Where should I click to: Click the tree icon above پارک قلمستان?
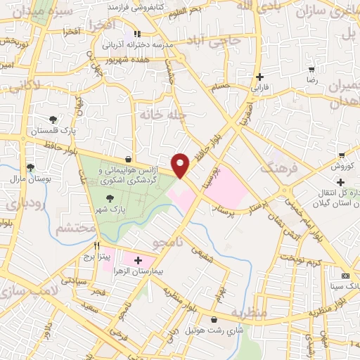coord(53,120)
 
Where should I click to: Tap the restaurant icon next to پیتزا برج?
coord(98,247)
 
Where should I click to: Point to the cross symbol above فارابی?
coord(260,77)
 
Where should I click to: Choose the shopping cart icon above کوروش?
coord(342,155)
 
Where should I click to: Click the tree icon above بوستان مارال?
coord(30,167)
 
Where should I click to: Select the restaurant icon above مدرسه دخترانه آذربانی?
coord(138,33)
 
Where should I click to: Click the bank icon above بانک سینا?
coord(345,276)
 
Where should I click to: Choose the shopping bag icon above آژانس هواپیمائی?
coord(127,159)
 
